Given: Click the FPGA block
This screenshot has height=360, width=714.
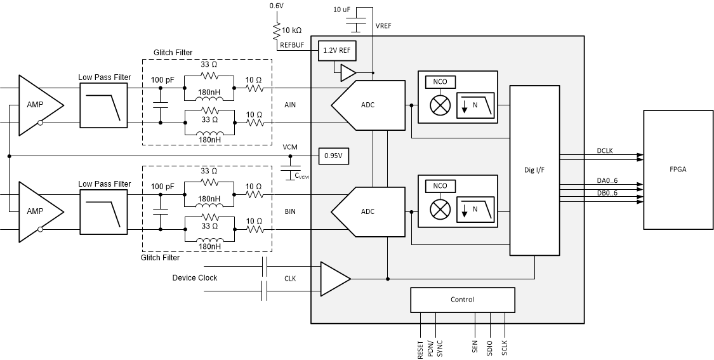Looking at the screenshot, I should tap(678, 170).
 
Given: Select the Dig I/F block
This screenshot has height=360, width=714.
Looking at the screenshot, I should tap(534, 170).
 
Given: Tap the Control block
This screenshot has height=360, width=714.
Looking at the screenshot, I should tap(462, 300).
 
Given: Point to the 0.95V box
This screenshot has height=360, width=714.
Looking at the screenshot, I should tap(333, 155).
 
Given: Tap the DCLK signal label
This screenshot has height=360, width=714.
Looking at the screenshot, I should tap(605, 151).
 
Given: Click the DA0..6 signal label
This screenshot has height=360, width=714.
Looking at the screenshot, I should tap(607, 181).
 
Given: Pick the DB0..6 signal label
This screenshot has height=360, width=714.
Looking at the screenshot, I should tap(607, 192).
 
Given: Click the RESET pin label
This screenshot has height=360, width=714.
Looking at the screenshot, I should tap(421, 349).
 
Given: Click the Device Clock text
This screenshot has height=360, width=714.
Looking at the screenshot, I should tap(194, 278).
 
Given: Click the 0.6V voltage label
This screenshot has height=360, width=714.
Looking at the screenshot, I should tap(276, 6).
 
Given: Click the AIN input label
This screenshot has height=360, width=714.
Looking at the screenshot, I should tap(290, 105).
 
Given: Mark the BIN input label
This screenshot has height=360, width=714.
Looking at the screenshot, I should tap(290, 211).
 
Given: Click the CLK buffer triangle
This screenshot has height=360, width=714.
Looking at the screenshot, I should tap(334, 278).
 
